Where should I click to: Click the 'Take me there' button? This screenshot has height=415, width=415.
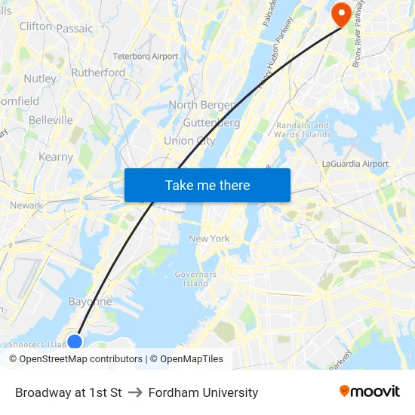(207, 185)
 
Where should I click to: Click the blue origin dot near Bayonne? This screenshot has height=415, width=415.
(75, 342)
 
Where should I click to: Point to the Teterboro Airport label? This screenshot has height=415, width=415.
(146, 56)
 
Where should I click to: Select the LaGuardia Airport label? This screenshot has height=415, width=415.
(355, 164)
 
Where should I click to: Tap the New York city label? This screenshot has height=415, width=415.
(209, 238)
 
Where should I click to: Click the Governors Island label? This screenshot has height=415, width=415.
(195, 279)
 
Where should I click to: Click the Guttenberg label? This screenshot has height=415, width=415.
(211, 122)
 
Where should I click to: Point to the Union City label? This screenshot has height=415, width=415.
(189, 140)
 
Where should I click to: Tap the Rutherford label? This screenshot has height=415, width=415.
(98, 72)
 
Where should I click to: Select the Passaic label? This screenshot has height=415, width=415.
(75, 29)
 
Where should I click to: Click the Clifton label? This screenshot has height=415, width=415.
(35, 26)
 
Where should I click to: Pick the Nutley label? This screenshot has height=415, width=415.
(40, 78)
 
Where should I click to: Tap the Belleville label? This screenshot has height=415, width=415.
(51, 120)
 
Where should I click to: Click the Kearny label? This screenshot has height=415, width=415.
(56, 157)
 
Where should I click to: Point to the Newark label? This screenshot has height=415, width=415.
(26, 205)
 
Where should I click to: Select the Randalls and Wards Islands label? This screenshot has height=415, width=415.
(303, 130)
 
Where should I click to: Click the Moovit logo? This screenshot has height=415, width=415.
(369, 391)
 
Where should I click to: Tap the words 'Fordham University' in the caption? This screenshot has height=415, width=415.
(203, 392)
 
